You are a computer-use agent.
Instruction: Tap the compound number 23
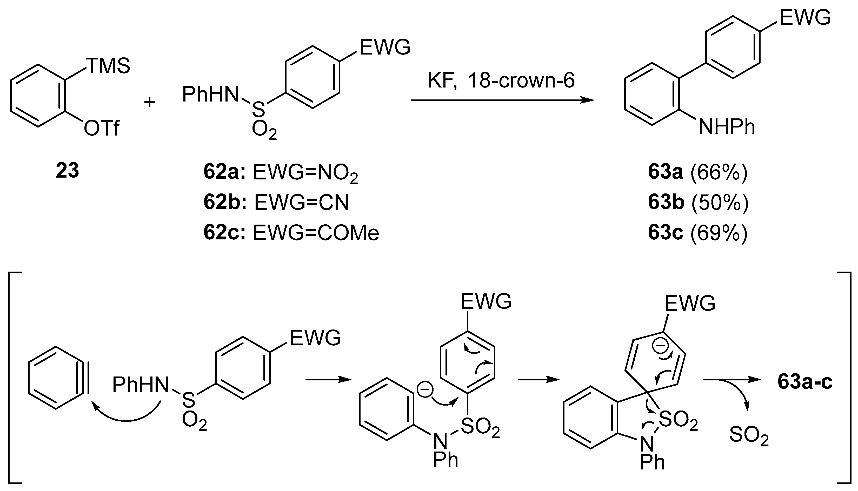point(68,171)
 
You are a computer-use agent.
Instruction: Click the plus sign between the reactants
point(149,102)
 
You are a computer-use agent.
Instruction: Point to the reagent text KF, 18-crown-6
point(501,81)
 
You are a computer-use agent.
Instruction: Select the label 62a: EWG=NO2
point(281,173)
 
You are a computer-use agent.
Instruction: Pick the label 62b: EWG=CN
point(276,203)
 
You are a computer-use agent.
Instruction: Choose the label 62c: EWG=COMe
point(291,233)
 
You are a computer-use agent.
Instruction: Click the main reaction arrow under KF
point(502,100)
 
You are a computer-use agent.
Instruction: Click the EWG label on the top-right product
point(805,18)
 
